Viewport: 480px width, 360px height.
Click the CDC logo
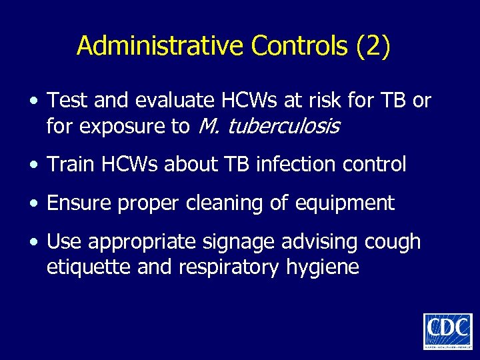[x=447, y=331]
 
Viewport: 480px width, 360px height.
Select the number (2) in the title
[x=373, y=45]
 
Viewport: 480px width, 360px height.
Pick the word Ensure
[x=80, y=203]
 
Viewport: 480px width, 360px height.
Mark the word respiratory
[x=222, y=268]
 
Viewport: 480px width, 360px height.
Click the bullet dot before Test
[x=34, y=101]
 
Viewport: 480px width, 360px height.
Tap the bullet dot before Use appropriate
[x=34, y=242]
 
